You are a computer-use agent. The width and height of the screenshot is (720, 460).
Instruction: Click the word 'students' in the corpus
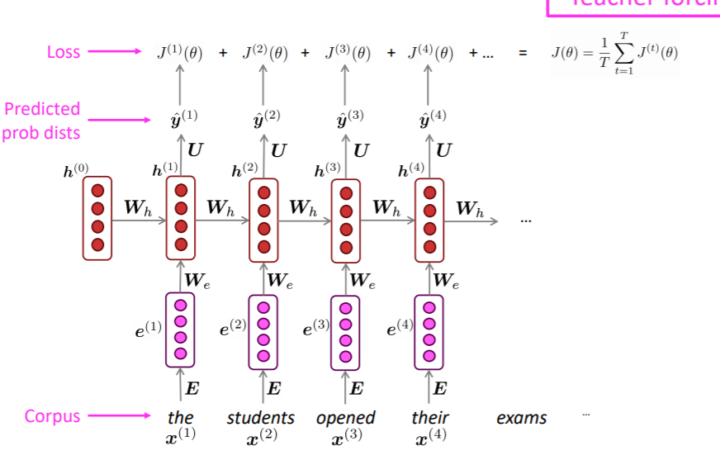pos(261,418)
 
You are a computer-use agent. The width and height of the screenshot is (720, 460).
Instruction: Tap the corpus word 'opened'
pos(346,418)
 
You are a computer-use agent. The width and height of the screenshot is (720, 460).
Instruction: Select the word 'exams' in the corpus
pos(521,418)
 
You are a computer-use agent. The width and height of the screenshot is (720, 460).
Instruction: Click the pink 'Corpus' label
pos(53,416)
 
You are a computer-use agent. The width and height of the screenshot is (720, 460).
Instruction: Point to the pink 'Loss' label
pos(64,52)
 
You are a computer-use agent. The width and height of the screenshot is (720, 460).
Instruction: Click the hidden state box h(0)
pos(97,218)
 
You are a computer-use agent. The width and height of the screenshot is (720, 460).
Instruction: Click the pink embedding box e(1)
pos(180,330)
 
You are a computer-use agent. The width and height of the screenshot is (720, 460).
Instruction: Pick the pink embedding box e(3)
pos(346,330)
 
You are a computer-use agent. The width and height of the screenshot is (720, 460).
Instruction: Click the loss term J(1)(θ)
pos(180,53)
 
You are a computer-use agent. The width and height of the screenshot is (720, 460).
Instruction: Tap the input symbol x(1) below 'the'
pos(180,436)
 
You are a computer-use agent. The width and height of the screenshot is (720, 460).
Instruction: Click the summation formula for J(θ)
pos(614,54)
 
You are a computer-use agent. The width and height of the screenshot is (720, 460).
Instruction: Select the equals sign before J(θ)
pos(522,54)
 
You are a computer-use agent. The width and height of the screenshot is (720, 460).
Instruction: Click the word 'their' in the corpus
pos(429,418)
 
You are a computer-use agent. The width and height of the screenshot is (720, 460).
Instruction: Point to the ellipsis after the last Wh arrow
pos(526,221)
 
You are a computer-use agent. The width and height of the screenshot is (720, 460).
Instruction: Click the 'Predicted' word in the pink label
pos(42,109)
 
